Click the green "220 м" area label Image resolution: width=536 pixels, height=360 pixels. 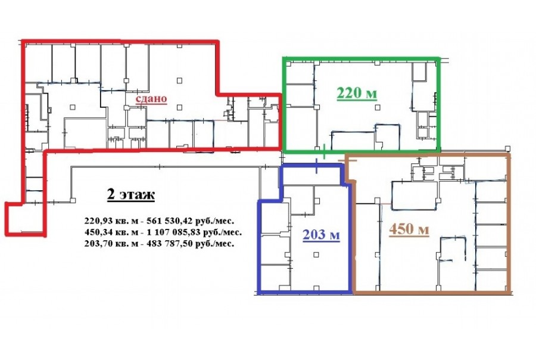(357, 93)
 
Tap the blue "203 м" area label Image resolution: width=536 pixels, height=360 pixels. (321, 235)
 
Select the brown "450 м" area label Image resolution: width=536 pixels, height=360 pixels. (409, 229)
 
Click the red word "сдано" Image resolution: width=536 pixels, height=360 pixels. (151, 98)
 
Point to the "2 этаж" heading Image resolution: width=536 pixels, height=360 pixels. (130, 194)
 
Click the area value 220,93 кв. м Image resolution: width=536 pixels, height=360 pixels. (111, 221)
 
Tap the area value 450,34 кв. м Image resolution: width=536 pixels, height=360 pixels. (111, 232)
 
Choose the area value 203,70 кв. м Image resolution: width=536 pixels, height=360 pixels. (111, 244)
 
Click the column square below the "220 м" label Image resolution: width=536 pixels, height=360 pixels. (378, 107)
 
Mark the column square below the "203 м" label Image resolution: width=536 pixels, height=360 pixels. (316, 255)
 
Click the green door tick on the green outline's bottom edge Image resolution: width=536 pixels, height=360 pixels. (324, 151)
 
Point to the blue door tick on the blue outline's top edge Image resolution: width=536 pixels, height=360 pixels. (317, 166)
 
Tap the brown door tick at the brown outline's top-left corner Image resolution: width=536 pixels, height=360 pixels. (347, 160)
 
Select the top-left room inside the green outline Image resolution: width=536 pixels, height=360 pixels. (300, 73)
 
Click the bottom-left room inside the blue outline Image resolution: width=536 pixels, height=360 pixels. (275, 277)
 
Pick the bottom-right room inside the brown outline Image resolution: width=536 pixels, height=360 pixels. (491, 280)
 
